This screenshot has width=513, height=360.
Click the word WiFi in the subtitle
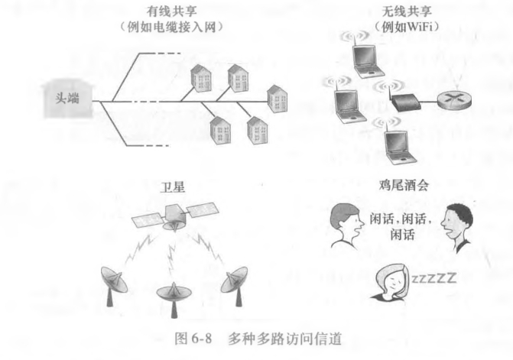(400, 26)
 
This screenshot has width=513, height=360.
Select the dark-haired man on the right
(458, 225)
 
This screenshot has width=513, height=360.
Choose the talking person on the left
(345, 225)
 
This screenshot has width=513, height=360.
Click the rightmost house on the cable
(275, 99)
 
